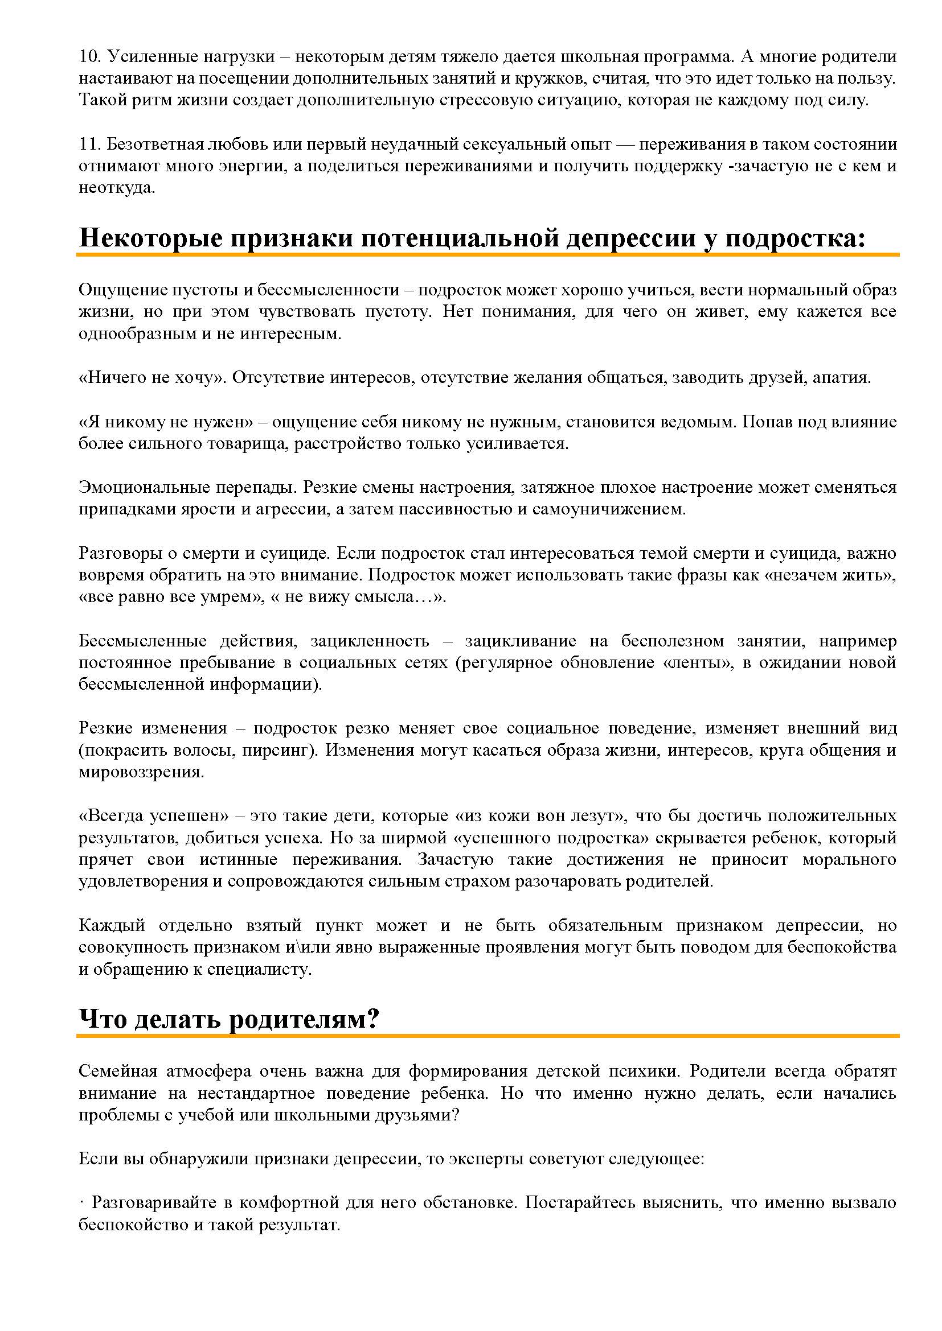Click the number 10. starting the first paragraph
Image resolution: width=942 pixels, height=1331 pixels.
pos(90,57)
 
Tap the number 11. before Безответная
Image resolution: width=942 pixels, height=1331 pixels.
pos(90,144)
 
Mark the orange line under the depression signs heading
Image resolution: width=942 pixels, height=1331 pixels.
pos(488,254)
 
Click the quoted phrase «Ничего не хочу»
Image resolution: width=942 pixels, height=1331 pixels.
pos(152,378)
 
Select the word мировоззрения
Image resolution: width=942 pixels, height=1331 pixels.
pos(141,772)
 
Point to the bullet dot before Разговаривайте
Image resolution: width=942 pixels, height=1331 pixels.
pos(81,1203)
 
